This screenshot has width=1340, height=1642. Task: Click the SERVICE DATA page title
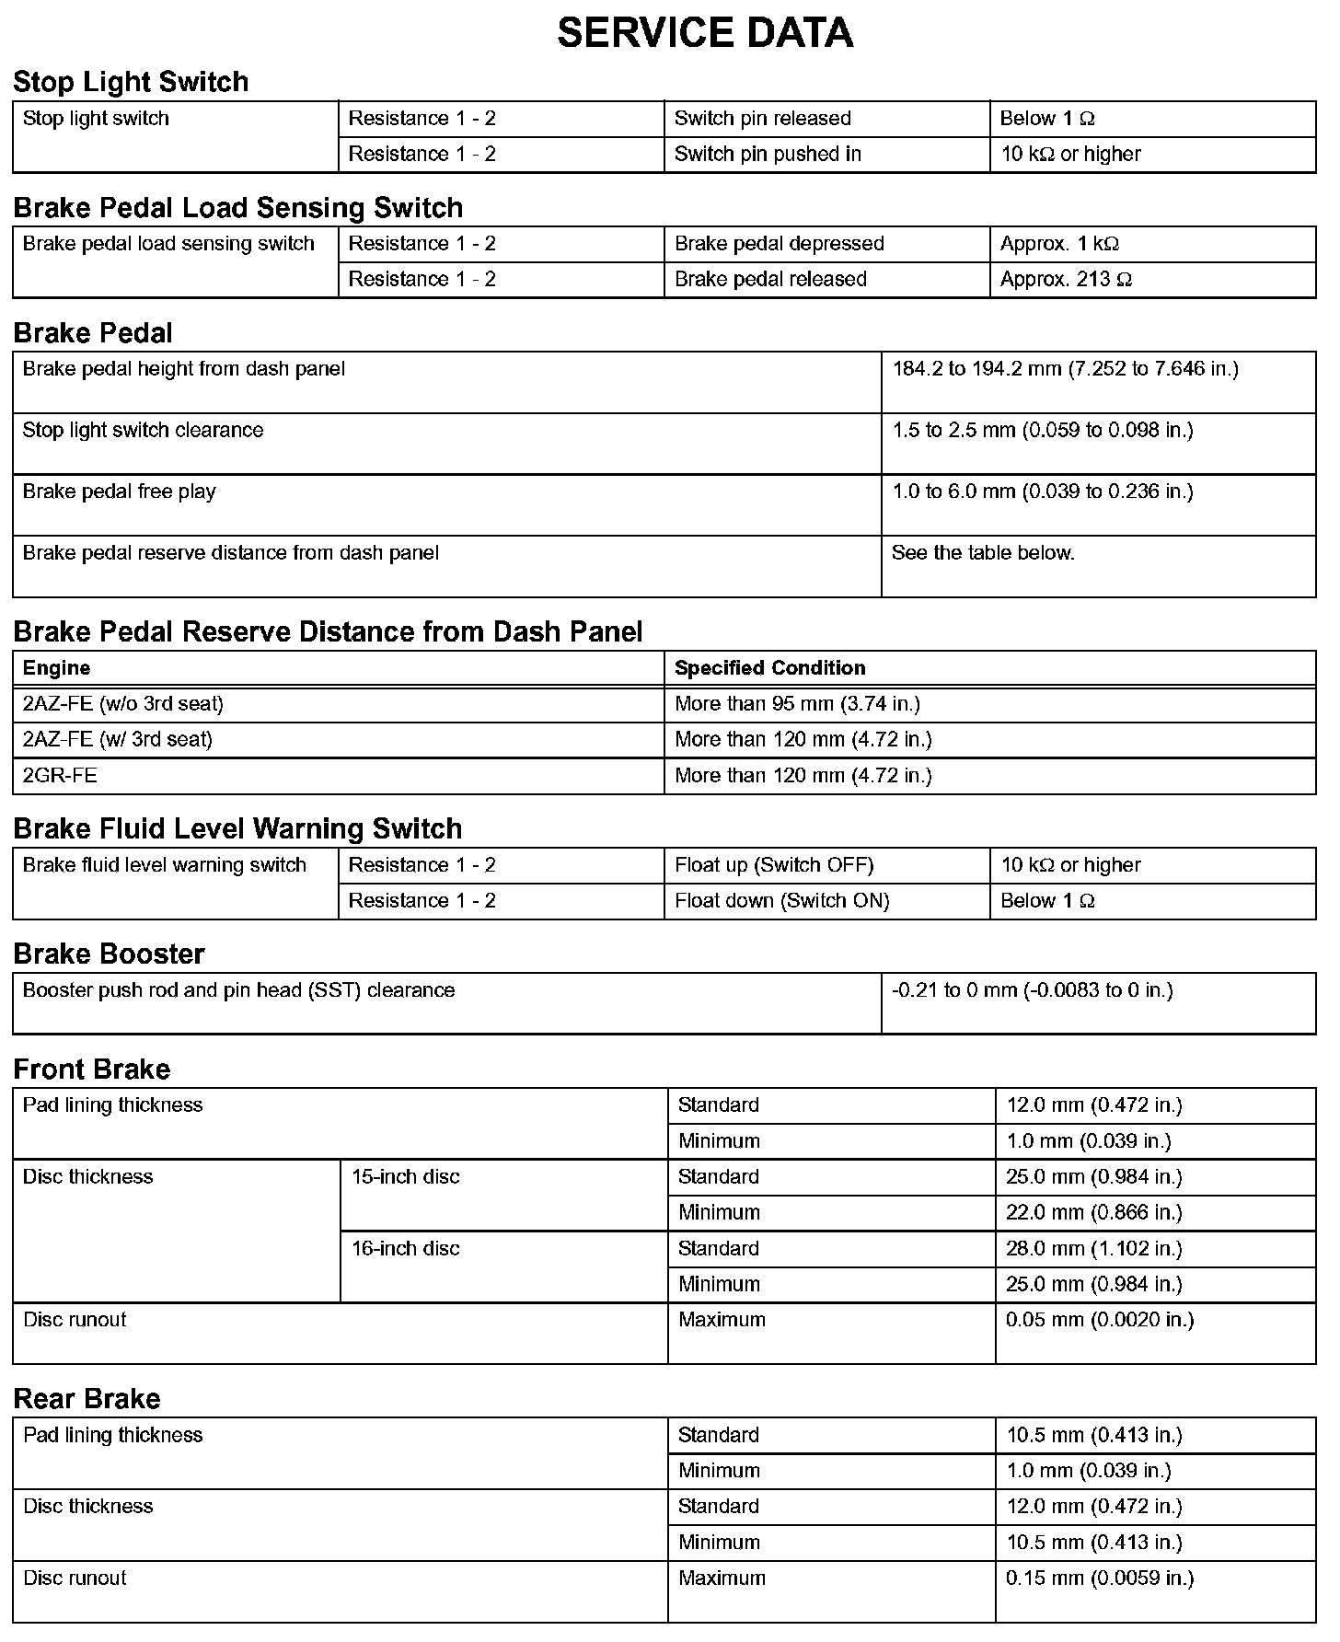pos(705,33)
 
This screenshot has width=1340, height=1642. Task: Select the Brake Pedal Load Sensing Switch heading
pos(237,208)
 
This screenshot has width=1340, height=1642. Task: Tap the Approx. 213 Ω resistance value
pos(1066,280)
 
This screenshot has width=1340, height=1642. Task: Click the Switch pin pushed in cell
pos(768,155)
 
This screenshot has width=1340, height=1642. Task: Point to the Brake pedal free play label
pos(119,491)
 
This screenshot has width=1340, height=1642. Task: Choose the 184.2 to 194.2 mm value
pos(1065,369)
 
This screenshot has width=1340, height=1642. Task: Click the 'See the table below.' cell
pos(983,553)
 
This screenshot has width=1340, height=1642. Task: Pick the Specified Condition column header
pos(769,668)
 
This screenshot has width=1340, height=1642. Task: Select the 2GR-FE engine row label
pos(60,776)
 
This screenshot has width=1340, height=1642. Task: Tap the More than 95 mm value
pos(797,704)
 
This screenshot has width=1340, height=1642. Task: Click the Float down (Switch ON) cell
pos(781,901)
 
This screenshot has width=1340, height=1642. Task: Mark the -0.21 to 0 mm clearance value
pos(1032,991)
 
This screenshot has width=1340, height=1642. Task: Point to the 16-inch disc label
pos(405,1249)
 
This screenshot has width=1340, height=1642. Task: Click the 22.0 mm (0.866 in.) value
pos(1093,1213)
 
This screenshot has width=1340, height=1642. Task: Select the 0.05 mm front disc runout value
pos(1100,1320)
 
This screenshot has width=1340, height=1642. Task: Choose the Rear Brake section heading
pos(87,1399)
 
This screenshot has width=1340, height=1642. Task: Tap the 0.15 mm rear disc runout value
pos(1100,1578)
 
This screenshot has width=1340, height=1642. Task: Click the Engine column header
pos(56,668)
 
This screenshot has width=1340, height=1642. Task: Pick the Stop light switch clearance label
pos(143,431)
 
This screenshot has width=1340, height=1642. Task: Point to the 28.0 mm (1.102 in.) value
pos(1093,1249)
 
